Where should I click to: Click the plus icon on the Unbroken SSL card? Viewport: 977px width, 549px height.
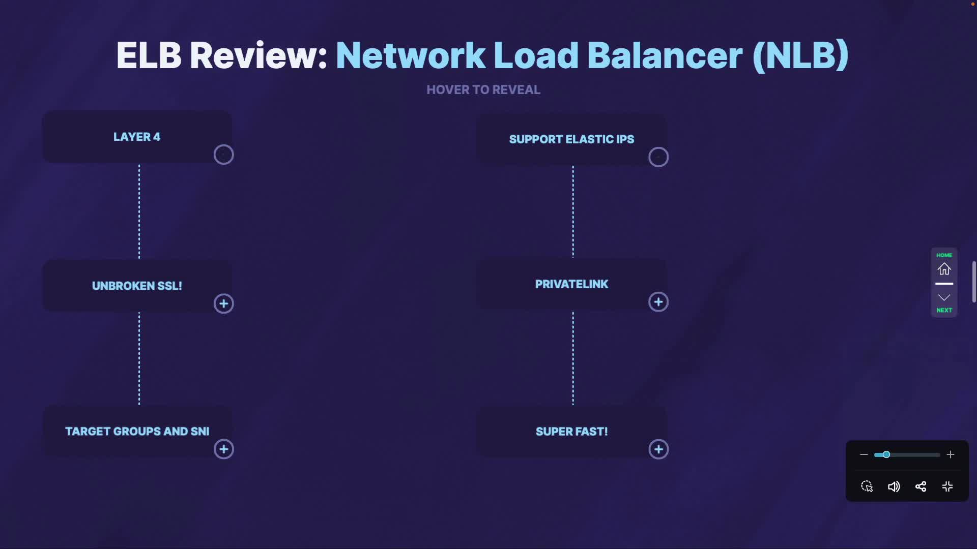pos(223,304)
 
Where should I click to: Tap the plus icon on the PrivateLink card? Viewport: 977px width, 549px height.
pos(658,302)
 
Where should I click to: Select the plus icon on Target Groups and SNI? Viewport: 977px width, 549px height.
pos(223,449)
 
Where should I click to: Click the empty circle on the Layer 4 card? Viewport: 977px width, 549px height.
pos(223,155)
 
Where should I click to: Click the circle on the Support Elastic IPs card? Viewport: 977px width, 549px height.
pos(658,157)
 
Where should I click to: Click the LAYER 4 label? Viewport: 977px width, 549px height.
pos(136,137)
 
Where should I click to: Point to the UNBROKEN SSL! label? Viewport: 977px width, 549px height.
pos(136,286)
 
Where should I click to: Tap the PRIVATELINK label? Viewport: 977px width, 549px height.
pos(571,284)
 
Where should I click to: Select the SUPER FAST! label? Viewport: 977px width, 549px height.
pos(571,432)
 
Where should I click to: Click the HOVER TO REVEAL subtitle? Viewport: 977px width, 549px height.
pos(483,90)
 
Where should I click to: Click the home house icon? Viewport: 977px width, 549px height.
pos(944,269)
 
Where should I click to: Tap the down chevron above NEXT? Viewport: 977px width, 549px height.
pos(944,297)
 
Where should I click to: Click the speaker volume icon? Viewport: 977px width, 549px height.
pos(894,487)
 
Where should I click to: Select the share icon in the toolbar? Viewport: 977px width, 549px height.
pos(921,487)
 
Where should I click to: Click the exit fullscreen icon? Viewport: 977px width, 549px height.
pos(947,487)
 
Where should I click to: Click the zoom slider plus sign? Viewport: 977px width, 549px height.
pos(950,454)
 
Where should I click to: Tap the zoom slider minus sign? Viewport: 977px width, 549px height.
pos(864,454)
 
